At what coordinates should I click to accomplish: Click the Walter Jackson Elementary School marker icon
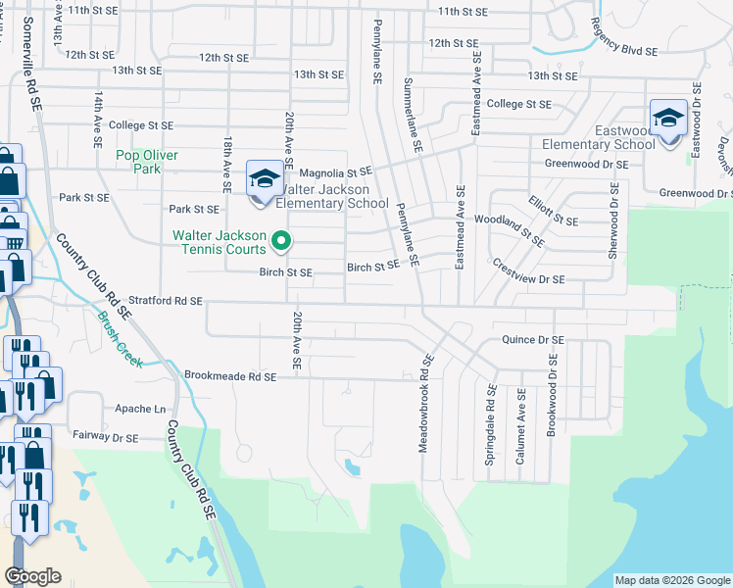point(263,179)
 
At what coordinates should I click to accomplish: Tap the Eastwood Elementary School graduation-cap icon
point(669,121)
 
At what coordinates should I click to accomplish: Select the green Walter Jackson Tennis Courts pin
point(281,239)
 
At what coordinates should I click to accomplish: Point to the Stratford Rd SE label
point(166,301)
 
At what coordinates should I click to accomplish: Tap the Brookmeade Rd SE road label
point(231,375)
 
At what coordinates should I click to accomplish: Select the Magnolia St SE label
point(335,171)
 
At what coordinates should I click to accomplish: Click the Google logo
point(32,576)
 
